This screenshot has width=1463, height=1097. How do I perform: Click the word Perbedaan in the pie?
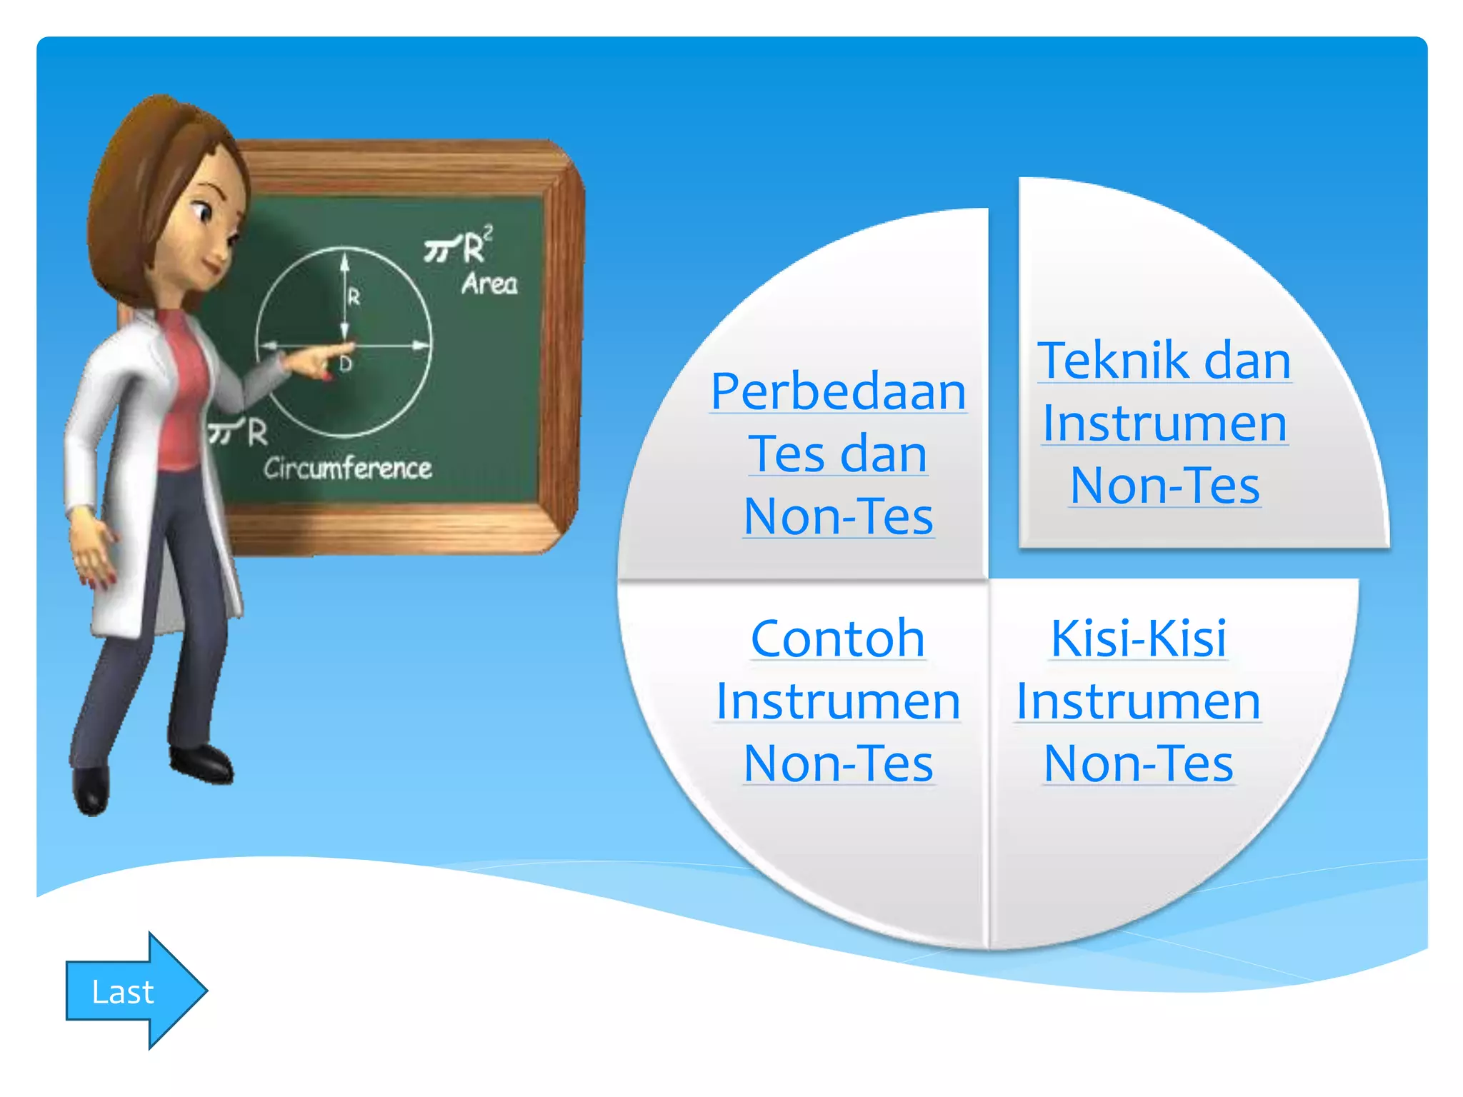838,392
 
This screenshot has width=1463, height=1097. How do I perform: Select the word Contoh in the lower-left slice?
837,638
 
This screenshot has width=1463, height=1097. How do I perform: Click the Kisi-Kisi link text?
1138,638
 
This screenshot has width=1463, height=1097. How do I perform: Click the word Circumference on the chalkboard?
348,469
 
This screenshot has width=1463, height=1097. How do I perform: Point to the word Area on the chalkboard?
489,284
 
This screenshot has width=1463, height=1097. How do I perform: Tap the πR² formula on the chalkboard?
458,246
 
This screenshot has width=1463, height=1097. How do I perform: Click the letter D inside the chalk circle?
346,365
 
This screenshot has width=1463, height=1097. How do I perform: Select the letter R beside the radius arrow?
354,296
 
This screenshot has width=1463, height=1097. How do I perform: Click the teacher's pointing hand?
314,361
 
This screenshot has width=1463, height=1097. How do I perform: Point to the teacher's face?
207,229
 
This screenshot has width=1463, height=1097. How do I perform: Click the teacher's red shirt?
182,400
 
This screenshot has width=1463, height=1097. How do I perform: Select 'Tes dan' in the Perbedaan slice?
838,454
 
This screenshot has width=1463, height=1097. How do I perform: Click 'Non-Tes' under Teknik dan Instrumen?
1164,486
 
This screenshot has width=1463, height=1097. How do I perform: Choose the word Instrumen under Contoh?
837,701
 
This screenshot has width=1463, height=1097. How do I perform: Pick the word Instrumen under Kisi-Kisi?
1138,701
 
